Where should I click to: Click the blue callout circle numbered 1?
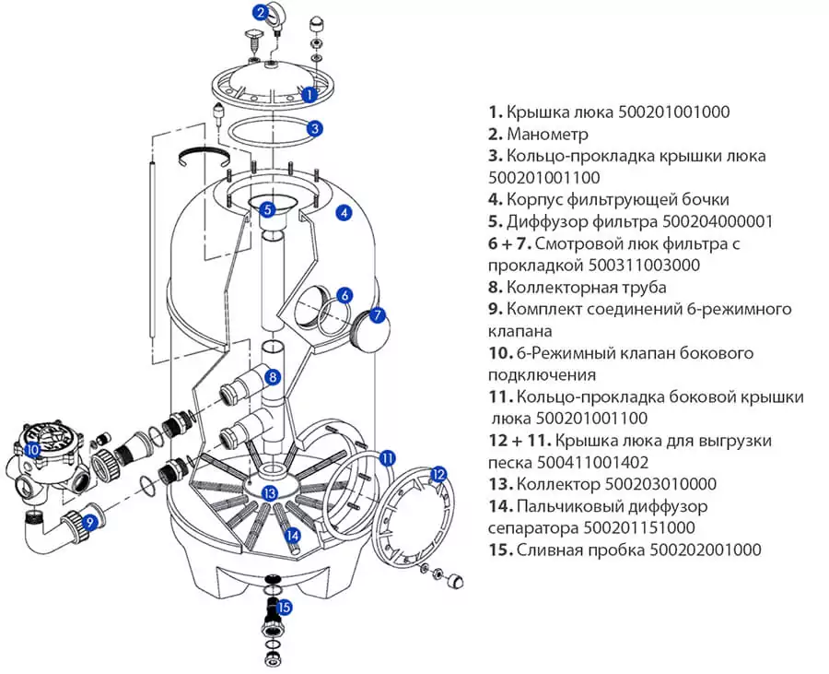tap(309, 93)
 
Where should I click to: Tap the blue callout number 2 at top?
tap(262, 12)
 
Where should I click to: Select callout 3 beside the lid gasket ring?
tap(315, 129)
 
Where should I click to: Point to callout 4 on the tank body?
tap(343, 212)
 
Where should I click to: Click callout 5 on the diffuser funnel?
tap(267, 209)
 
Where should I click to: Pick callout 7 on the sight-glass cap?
tap(376, 314)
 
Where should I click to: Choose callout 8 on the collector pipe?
tap(273, 376)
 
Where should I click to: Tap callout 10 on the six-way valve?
tap(32, 450)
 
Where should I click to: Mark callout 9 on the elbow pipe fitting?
tap(90, 522)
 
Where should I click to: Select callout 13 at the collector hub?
tap(269, 493)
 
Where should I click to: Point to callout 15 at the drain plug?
tap(285, 607)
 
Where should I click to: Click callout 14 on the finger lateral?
tap(292, 533)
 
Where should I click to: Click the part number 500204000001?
tap(714, 221)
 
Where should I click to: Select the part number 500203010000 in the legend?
tap(659, 484)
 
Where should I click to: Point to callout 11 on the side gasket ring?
tap(387, 456)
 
